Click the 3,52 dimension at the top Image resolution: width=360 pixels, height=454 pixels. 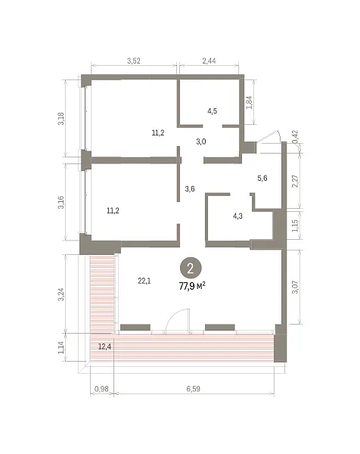(134, 61)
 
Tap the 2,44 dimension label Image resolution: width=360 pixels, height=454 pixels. (209, 61)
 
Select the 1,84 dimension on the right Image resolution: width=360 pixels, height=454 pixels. (249, 102)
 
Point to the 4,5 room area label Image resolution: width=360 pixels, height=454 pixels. (212, 111)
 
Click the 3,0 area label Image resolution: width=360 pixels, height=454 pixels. (201, 142)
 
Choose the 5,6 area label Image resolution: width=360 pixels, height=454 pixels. (262, 179)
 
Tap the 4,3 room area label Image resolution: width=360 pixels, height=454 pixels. (237, 216)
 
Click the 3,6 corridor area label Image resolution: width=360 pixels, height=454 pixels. (190, 189)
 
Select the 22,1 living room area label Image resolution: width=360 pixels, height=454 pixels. (144, 281)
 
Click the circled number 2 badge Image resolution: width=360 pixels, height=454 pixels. (191, 269)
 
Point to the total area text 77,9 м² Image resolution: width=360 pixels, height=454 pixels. (192, 287)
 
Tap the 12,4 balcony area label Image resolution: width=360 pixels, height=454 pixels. (104, 347)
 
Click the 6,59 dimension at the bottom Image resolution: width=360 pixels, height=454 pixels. (193, 389)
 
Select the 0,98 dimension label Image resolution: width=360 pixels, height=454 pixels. (101, 389)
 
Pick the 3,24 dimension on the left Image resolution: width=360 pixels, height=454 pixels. (61, 294)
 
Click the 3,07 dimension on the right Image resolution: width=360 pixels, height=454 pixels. (295, 287)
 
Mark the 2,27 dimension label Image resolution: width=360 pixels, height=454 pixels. (295, 181)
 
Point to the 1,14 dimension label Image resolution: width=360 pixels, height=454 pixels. (61, 347)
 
